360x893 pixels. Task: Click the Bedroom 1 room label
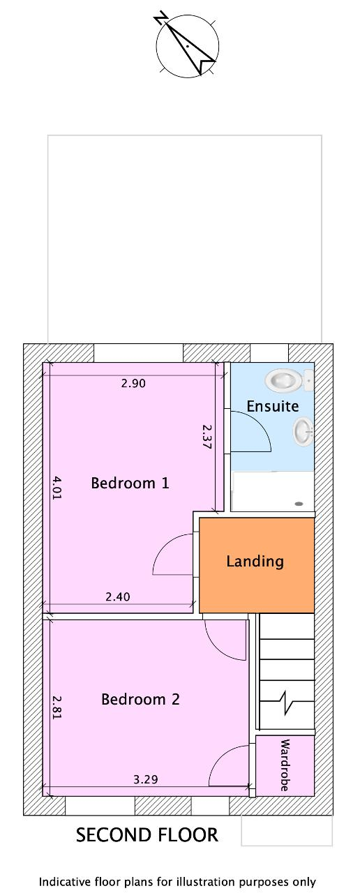click(x=130, y=483)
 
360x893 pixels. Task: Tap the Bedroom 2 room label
click(x=140, y=699)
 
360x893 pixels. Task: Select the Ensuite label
click(x=273, y=406)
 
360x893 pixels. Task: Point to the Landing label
click(x=255, y=562)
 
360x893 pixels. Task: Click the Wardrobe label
click(x=285, y=765)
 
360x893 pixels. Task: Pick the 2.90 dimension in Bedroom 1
click(x=133, y=384)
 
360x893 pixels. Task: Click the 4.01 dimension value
click(x=57, y=487)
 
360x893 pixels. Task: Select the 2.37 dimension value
click(x=207, y=437)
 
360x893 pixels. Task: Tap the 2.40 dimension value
click(x=118, y=596)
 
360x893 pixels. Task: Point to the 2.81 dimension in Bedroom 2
click(x=57, y=707)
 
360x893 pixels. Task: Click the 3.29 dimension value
click(x=146, y=779)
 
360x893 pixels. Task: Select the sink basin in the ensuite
click(x=303, y=431)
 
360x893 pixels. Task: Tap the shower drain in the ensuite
click(x=299, y=504)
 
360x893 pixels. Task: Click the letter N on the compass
click(x=160, y=20)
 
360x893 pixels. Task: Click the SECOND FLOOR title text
click(x=147, y=835)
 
